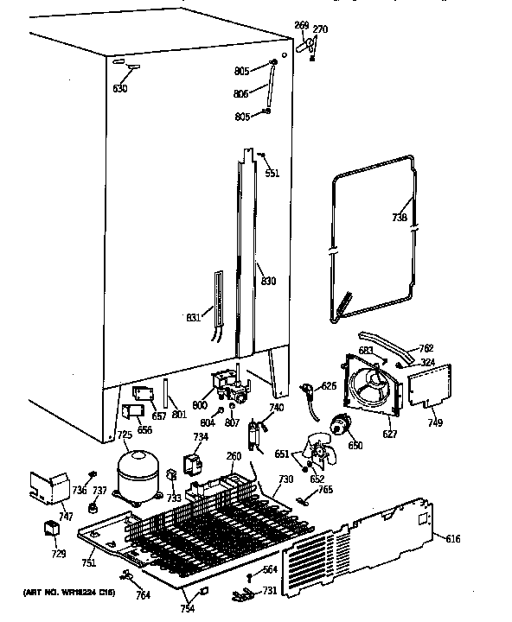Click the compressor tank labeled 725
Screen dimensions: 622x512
pyautogui.click(x=135, y=476)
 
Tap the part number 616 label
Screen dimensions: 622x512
pyautogui.click(x=453, y=540)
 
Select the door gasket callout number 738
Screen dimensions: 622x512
pyautogui.click(x=399, y=218)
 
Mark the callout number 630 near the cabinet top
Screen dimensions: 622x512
pyautogui.click(x=119, y=89)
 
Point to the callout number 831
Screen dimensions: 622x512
pyautogui.click(x=194, y=317)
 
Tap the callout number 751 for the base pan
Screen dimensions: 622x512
pyautogui.click(x=88, y=562)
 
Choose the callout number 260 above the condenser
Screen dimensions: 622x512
pyautogui.click(x=234, y=457)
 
